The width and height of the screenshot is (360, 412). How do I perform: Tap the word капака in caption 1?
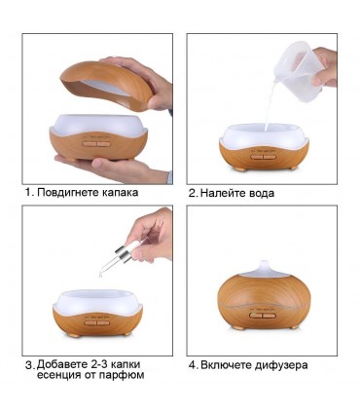pyautogui.click(x=120, y=193)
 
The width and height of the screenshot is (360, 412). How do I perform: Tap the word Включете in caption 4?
pyautogui.click(x=224, y=365)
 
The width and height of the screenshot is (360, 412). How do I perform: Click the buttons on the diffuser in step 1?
pyautogui.click(x=96, y=144)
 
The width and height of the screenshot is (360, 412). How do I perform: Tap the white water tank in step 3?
pyautogui.click(x=97, y=304)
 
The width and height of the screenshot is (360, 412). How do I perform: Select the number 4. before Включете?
pyautogui.click(x=194, y=365)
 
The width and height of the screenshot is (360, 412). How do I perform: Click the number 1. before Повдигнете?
pyautogui.click(x=30, y=193)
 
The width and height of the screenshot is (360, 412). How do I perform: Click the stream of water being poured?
pyautogui.click(x=270, y=105)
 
